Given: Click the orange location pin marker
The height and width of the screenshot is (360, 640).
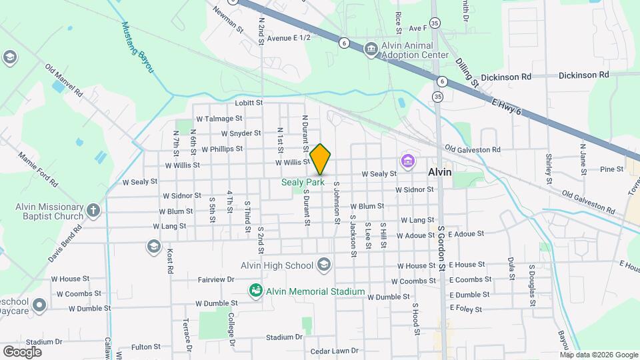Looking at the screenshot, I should click(x=320, y=159).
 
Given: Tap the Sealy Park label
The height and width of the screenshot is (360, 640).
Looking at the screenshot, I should click(x=302, y=182).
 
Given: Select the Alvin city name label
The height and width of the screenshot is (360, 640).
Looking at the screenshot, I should click(x=439, y=172).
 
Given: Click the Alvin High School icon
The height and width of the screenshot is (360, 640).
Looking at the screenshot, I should click(x=324, y=265).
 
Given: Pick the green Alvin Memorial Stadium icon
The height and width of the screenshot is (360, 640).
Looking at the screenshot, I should click(x=255, y=291).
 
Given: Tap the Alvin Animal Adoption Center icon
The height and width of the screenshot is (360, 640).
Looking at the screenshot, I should click(x=371, y=49).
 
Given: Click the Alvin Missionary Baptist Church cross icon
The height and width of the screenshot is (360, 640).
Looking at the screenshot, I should click(x=93, y=211).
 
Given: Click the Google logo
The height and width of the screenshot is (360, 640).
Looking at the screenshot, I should click(x=22, y=351).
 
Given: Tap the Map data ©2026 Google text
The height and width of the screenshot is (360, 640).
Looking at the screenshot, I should click(x=598, y=355).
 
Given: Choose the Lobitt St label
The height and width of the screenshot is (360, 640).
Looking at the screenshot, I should click(x=249, y=103).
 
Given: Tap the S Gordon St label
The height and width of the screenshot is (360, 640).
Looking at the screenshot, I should click(x=441, y=249).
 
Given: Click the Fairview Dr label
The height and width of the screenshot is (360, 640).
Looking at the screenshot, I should click(x=216, y=279).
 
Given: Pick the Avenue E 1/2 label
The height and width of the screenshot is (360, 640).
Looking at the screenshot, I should click(x=289, y=39).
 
